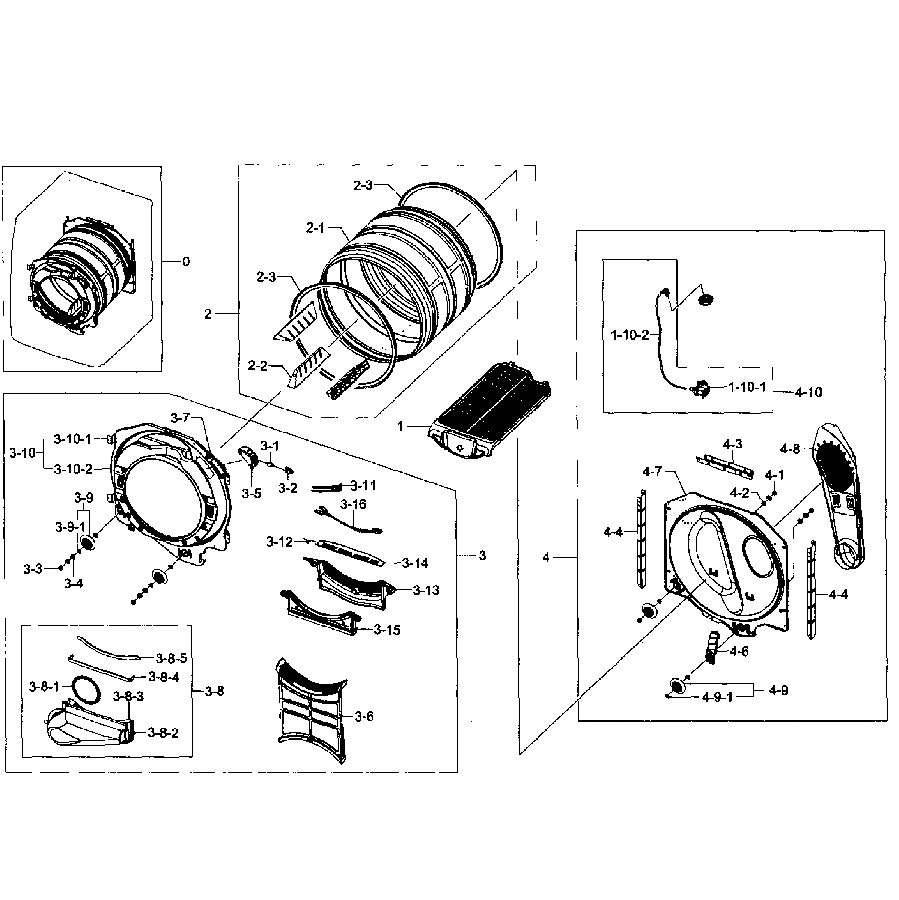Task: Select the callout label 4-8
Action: (x=790, y=449)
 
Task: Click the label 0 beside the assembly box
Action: (x=186, y=262)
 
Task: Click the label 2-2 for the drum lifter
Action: (x=258, y=366)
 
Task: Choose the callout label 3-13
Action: (x=426, y=591)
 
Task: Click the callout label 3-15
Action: (x=387, y=630)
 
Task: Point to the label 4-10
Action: (x=808, y=392)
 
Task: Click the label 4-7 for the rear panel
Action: (x=652, y=471)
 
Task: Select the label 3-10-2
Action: (x=73, y=469)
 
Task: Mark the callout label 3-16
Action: (x=353, y=504)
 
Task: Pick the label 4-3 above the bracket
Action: (x=732, y=444)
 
